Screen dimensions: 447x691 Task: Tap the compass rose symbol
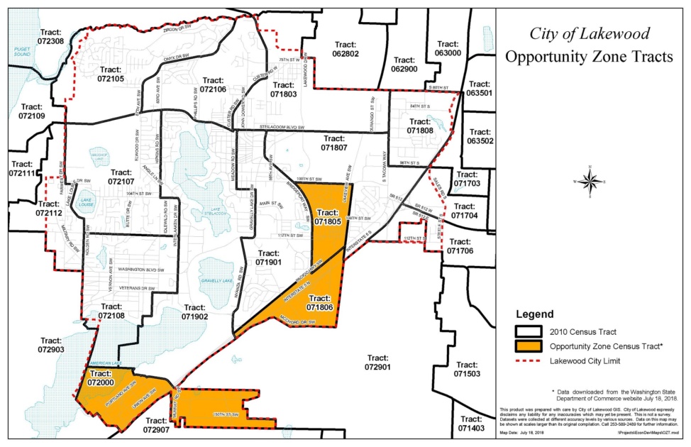tap(590, 181)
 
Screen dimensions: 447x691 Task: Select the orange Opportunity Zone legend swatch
tap(531, 346)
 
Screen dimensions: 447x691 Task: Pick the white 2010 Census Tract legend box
tap(531, 331)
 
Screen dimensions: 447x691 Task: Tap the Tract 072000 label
tap(101, 377)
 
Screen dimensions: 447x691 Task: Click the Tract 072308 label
tap(52, 37)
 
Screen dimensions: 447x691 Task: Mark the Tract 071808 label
tap(421, 126)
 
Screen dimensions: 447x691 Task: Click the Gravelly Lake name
tap(217, 281)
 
